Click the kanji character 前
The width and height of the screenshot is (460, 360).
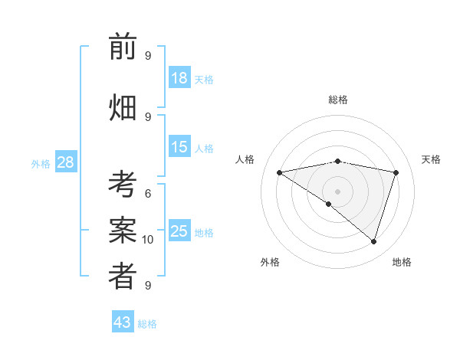click(123, 47)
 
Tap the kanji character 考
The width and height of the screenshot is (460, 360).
click(123, 186)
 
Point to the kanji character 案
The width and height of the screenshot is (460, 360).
click(123, 231)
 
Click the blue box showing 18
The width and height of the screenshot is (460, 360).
click(179, 78)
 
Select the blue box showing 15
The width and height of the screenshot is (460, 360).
click(179, 147)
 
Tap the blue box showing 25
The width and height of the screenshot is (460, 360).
click(179, 231)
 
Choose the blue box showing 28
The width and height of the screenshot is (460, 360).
click(65, 162)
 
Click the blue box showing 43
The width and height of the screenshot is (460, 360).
click(123, 322)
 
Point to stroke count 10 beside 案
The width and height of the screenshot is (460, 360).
click(148, 240)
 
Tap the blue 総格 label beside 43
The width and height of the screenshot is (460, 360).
click(147, 323)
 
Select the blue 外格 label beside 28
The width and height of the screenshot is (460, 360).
click(41, 163)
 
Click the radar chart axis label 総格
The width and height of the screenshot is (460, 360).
click(338, 100)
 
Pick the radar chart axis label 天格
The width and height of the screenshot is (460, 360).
click(431, 159)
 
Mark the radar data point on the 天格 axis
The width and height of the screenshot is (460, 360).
click(396, 172)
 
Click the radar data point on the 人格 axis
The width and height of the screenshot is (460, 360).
click(279, 172)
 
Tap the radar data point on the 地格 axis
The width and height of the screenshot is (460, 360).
click(373, 241)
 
